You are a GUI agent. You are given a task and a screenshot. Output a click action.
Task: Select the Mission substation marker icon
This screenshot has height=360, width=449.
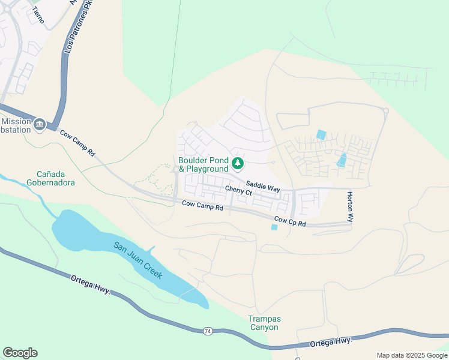[x=40, y=124]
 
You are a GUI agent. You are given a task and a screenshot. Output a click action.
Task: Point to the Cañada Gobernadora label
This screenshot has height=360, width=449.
[x=50, y=178]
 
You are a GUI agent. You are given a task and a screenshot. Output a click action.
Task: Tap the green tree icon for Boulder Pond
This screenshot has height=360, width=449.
[x=238, y=163]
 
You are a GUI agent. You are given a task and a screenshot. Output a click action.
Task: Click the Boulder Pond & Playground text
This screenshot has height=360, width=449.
[x=203, y=165]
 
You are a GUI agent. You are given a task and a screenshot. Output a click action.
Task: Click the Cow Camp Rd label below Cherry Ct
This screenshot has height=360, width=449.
[x=202, y=207]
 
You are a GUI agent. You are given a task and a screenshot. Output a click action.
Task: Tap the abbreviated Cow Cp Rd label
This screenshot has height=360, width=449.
[x=290, y=221]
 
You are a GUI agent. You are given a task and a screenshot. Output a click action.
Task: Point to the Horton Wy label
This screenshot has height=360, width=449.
[x=349, y=207]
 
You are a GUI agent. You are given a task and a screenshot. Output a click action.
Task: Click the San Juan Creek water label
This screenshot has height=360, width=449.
[x=138, y=259]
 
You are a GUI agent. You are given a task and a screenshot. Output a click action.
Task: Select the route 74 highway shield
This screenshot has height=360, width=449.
[x=208, y=331]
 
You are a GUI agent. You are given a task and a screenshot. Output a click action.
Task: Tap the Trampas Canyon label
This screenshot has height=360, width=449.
[x=264, y=323]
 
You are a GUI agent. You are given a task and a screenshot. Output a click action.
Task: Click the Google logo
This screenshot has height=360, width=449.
[x=20, y=353]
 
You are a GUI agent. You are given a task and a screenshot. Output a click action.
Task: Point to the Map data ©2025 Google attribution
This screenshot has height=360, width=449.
[x=411, y=355]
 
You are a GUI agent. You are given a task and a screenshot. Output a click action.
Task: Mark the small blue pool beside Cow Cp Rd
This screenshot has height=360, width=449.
[x=274, y=227]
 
